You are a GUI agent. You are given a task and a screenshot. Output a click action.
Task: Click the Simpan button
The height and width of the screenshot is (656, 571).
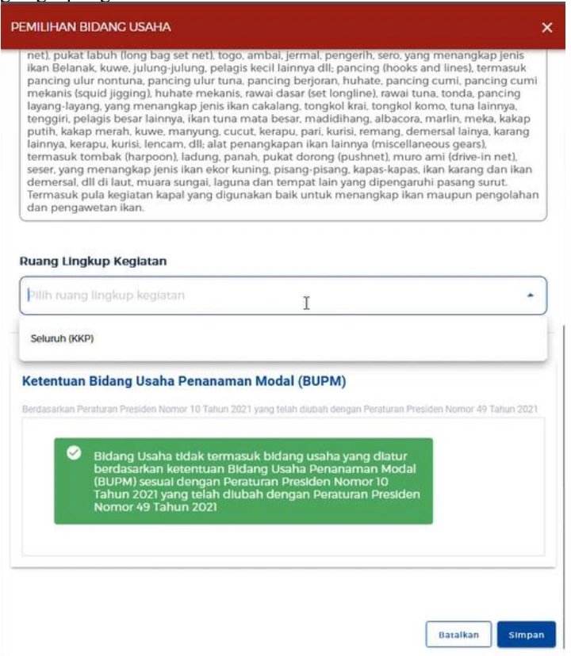click(x=527, y=635)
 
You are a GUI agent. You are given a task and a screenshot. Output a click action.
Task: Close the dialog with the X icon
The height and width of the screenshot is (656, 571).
click(x=547, y=28)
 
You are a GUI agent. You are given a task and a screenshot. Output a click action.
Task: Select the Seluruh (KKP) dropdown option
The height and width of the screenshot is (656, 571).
click(x=62, y=339)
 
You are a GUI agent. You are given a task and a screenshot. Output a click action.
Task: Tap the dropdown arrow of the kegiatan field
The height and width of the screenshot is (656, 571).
click(x=531, y=296)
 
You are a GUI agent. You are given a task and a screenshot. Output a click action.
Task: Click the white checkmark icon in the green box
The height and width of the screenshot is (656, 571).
click(x=74, y=452)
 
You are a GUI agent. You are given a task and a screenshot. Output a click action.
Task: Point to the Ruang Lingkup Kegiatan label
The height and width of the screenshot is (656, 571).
click(x=93, y=261)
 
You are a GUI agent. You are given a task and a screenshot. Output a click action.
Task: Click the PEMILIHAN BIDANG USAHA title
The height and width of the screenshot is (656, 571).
click(x=90, y=28)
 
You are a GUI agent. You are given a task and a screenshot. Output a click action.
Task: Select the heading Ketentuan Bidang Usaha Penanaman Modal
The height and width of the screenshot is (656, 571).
click(x=184, y=381)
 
